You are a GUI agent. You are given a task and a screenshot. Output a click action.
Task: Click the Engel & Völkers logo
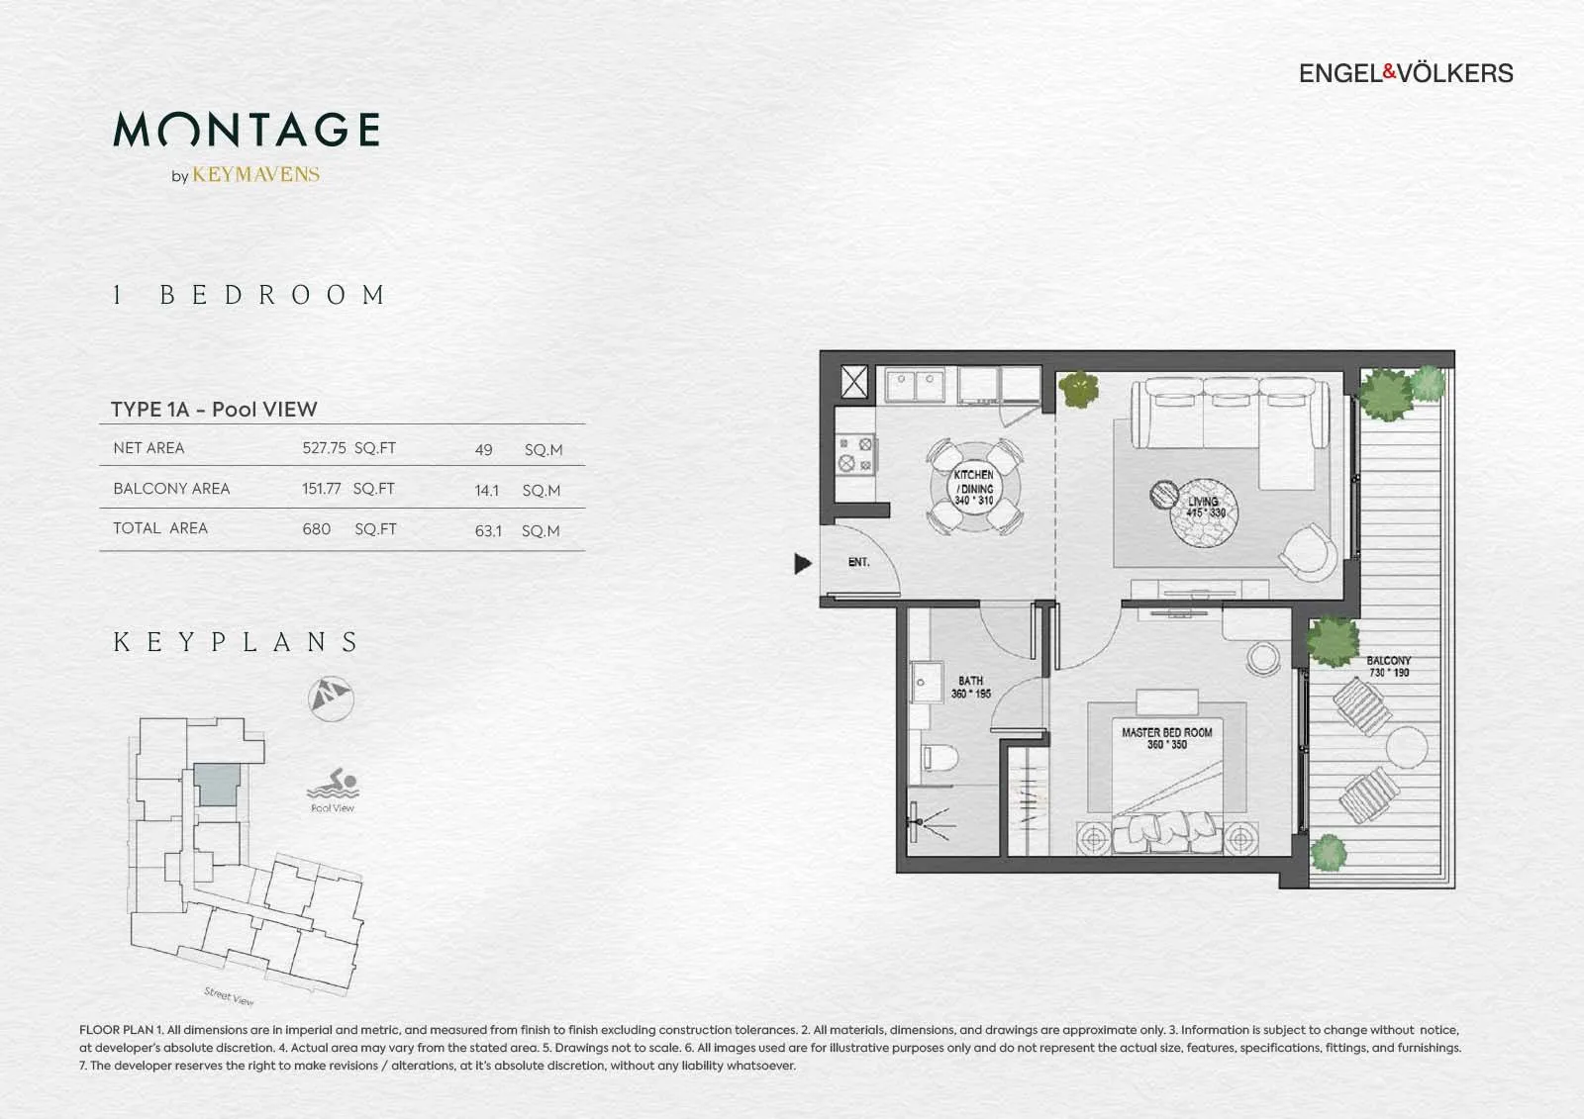pyautogui.click(x=1406, y=73)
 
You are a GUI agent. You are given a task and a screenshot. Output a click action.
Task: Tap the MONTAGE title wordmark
pyautogui.click(x=247, y=130)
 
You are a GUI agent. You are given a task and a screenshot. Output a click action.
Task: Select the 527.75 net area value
pyautogui.click(x=324, y=448)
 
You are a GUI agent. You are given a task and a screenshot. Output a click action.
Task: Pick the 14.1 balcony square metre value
pyautogui.click(x=486, y=491)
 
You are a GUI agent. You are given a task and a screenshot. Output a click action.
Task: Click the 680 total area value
pyautogui.click(x=316, y=529)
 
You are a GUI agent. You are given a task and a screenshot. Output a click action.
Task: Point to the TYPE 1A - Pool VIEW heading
pyautogui.click(x=214, y=410)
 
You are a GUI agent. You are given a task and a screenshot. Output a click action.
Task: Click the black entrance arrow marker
pyautogui.click(x=803, y=563)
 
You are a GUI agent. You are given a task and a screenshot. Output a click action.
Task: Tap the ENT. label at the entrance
pyautogui.click(x=858, y=562)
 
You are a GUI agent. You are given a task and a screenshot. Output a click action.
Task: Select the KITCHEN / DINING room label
pyautogui.click(x=974, y=488)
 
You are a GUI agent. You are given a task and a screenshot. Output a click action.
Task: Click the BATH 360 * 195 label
pyautogui.click(x=971, y=687)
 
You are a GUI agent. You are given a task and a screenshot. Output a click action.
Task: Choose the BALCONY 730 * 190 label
pyautogui.click(x=1389, y=667)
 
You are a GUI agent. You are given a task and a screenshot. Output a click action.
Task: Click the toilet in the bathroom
pyautogui.click(x=940, y=759)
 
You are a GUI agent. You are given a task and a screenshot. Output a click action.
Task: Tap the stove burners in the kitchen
pyautogui.click(x=855, y=454)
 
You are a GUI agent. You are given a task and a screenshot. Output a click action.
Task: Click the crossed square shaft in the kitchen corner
pyautogui.click(x=854, y=383)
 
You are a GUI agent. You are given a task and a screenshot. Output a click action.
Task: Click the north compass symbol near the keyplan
pyautogui.click(x=331, y=699)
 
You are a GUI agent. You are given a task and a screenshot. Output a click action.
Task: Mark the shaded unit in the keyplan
pyautogui.click(x=217, y=785)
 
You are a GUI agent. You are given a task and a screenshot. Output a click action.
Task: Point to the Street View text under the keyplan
pyautogui.click(x=229, y=996)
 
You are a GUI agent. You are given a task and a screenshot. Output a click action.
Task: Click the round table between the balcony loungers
pyautogui.click(x=1407, y=747)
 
